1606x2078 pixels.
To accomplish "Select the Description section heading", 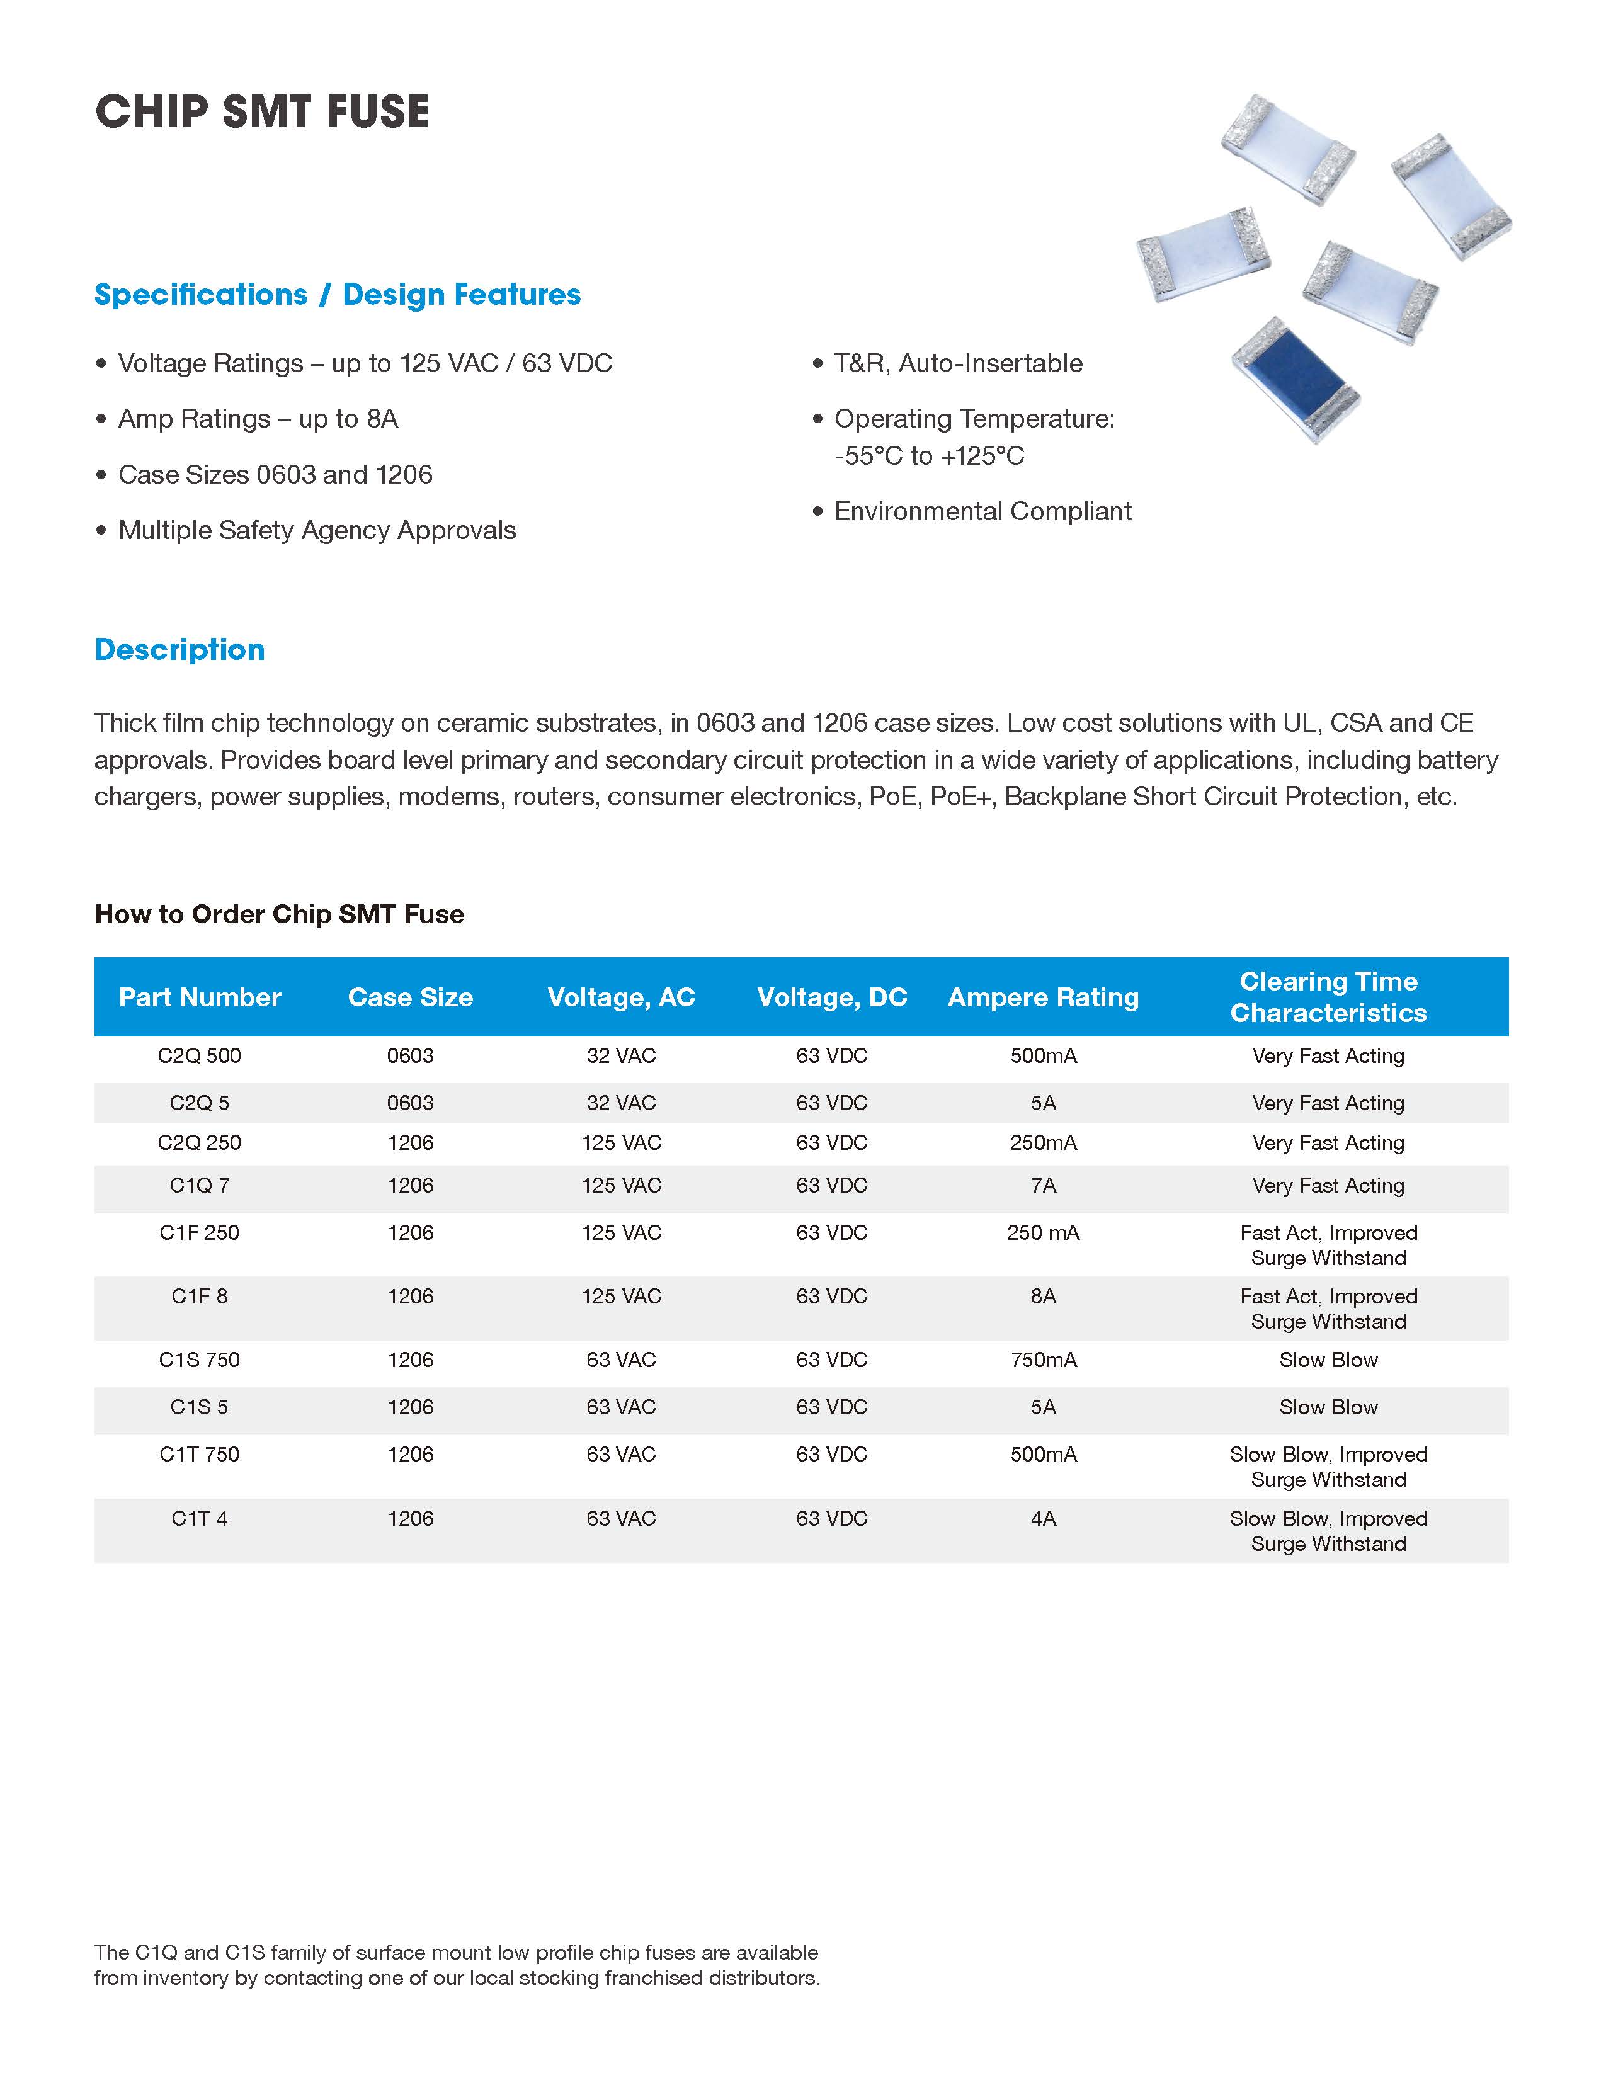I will coord(180,650).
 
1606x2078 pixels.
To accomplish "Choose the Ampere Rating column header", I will coord(1043,997).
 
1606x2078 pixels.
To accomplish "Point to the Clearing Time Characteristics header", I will coord(1328,997).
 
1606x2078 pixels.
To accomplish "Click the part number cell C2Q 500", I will coord(200,1056).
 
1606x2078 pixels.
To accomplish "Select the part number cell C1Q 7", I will coord(200,1186).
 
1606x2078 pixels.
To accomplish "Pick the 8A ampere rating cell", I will coord(1043,1296).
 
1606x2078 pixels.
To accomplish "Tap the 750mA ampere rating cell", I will coord(1043,1360).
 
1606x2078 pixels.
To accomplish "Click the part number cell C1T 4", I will coord(200,1519).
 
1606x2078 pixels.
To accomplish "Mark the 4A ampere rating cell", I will coord(1043,1519).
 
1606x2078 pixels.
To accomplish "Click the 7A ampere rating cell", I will coord(1043,1186).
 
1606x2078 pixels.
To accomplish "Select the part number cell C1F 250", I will coord(200,1233).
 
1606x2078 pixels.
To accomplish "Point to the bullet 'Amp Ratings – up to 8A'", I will coord(258,419).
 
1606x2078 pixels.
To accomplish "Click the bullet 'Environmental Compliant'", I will coord(982,512).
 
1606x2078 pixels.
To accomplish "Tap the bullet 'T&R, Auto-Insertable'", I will coord(958,363).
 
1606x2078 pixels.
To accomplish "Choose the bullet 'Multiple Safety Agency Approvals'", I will coord(317,530).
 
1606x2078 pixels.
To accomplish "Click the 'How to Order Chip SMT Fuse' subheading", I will coord(280,914).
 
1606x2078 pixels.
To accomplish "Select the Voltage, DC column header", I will coord(831,997).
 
